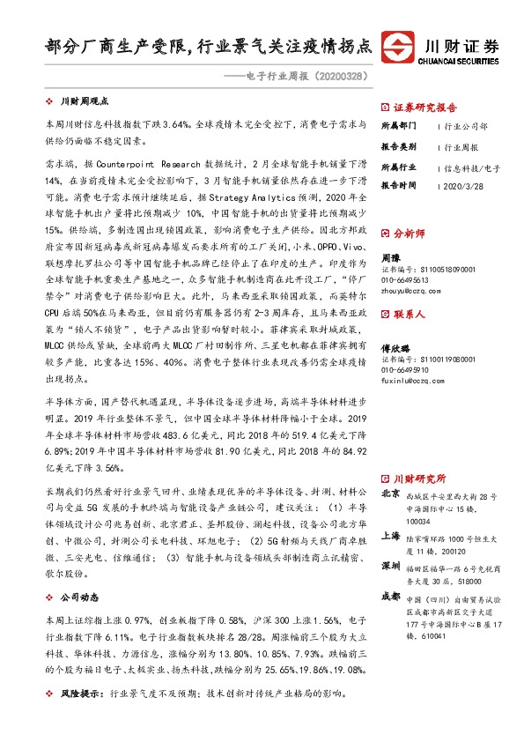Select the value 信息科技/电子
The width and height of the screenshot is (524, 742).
[x=472, y=167]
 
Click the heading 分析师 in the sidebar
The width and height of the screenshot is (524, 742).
[x=410, y=234]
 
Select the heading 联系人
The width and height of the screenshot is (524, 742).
[x=410, y=314]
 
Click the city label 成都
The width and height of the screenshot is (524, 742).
[x=390, y=596]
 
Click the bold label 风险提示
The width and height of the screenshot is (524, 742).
[x=83, y=718]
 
